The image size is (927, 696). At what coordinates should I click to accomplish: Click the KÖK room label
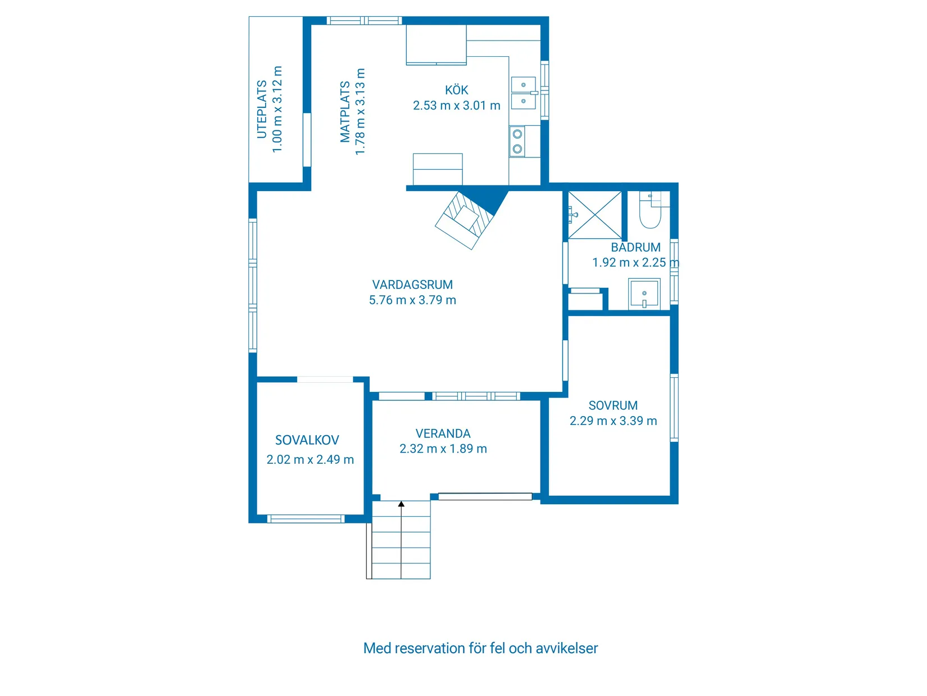(457, 89)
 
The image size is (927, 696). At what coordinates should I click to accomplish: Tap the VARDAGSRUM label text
(412, 285)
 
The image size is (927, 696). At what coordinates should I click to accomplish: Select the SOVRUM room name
(613, 406)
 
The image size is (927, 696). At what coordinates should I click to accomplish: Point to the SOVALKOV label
(307, 440)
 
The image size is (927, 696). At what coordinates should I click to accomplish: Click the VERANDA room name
(443, 433)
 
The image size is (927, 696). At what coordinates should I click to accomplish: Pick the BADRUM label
(635, 247)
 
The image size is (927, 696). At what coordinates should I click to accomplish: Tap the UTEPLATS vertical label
(262, 110)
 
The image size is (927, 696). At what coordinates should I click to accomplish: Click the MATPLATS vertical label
(345, 111)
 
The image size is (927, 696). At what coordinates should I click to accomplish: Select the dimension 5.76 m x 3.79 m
(412, 300)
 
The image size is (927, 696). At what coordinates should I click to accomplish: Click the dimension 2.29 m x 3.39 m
(613, 421)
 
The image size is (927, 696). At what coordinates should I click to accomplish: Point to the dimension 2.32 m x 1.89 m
(443, 449)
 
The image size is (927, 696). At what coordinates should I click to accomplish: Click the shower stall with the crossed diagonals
(594, 215)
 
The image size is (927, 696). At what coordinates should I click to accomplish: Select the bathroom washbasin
(644, 294)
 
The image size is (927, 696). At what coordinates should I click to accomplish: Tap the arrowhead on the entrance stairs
(401, 504)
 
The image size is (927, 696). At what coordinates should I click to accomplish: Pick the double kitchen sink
(524, 93)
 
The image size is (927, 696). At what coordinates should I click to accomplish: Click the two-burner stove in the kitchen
(517, 142)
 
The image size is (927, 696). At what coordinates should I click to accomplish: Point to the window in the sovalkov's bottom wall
(306, 518)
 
